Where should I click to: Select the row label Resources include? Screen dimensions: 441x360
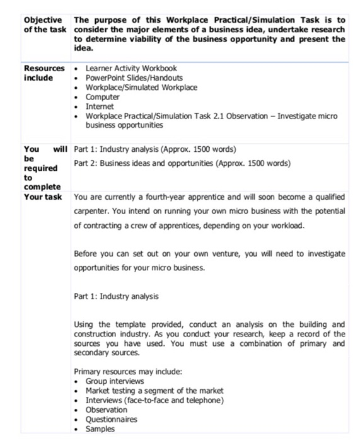(44, 72)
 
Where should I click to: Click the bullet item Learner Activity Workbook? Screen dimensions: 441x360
(131, 68)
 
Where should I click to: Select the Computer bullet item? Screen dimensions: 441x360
(102, 97)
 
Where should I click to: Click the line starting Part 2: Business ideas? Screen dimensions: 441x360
(182, 163)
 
